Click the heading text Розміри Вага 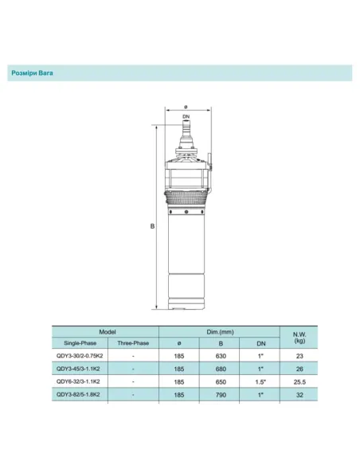[37, 72]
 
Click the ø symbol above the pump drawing [185, 107]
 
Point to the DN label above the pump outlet [185, 117]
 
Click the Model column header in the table [108, 330]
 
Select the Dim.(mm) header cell [218, 330]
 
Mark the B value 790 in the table [220, 394]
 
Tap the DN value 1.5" [260, 381]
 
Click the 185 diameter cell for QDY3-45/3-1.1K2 [180, 369]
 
